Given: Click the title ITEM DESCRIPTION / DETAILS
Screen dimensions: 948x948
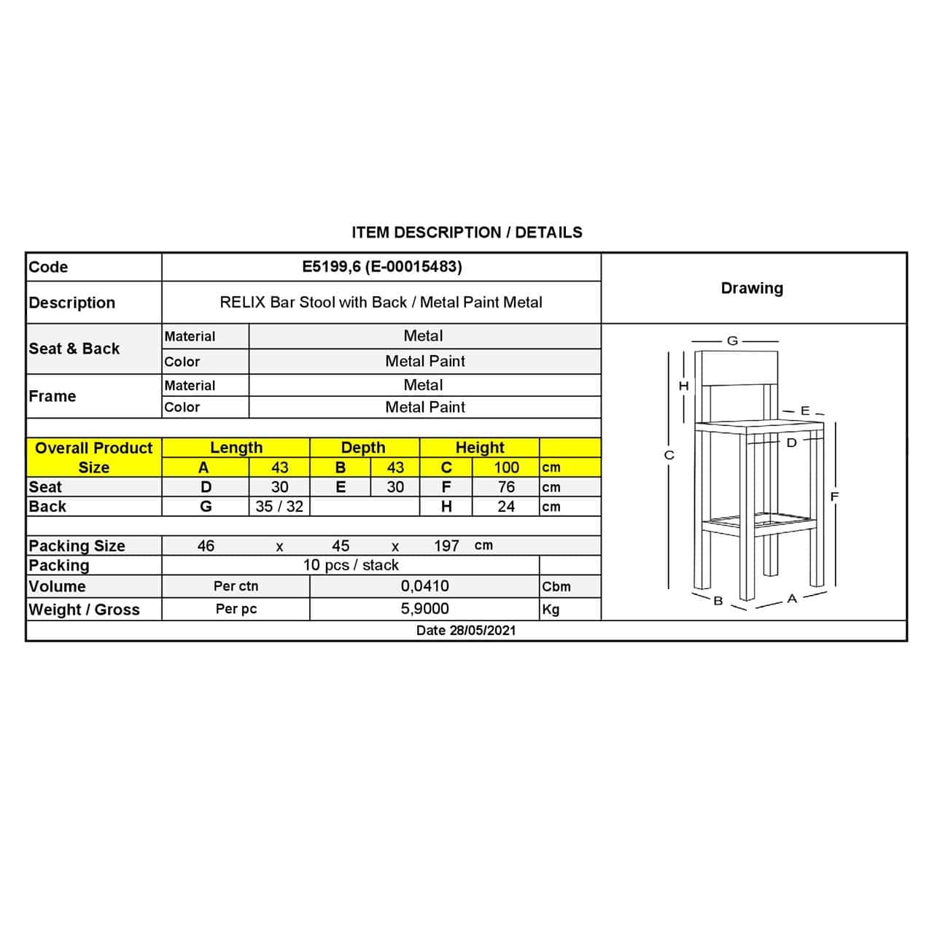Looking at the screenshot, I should point(467,233).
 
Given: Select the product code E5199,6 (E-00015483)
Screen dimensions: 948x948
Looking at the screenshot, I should point(382,267).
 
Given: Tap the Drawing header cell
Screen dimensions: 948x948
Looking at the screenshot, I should point(752,288).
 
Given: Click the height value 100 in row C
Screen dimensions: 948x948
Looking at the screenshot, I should point(506,467).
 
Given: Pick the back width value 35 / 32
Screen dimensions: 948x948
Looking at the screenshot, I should point(279,506).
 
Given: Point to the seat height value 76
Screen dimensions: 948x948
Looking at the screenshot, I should point(506,487).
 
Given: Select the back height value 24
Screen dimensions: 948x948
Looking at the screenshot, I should point(506,506).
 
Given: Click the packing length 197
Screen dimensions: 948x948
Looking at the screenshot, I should point(446,545).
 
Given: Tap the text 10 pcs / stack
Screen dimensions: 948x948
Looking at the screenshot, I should point(351,565).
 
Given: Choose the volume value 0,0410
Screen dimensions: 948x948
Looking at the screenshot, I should point(424,586).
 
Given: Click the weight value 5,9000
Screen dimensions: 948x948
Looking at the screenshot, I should point(424,609).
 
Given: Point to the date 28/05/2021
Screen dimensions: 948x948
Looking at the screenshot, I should point(465,631).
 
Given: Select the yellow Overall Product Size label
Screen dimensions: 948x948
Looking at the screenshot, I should point(93,457).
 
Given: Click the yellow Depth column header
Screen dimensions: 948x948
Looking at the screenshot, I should point(363,448).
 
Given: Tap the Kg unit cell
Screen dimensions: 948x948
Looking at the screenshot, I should point(551,609).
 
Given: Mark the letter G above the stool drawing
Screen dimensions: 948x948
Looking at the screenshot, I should point(733,341).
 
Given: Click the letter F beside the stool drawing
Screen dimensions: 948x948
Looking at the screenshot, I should point(834,497).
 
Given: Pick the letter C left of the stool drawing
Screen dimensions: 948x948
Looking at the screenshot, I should point(669,455).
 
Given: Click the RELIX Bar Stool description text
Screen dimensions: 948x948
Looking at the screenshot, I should point(381,303).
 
